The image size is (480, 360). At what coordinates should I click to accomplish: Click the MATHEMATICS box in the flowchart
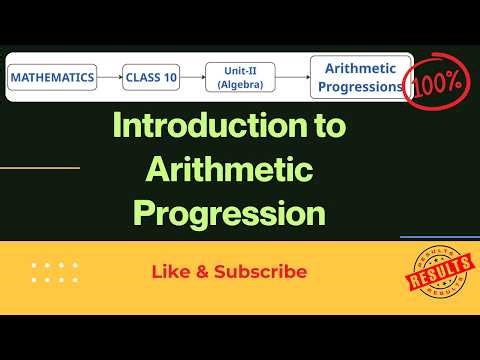(x=53, y=76)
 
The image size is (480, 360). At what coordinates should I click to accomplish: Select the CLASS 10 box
(x=150, y=76)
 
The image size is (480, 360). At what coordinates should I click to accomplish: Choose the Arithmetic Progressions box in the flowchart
(x=357, y=76)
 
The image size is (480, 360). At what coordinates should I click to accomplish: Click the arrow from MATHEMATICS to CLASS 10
(x=109, y=76)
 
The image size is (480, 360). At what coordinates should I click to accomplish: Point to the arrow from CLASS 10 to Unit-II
(x=193, y=76)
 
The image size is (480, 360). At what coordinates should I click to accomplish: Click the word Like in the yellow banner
(x=169, y=271)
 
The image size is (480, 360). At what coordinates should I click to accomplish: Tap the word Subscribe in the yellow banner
(x=260, y=271)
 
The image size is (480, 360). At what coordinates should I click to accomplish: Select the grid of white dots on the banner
(x=55, y=272)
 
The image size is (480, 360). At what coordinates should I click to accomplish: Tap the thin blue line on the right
(x=440, y=237)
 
